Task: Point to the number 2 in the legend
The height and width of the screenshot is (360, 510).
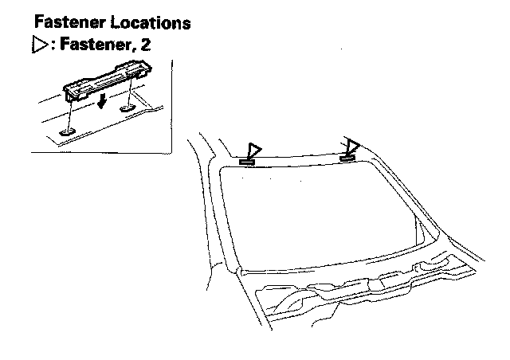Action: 145,45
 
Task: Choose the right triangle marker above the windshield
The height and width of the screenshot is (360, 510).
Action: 351,146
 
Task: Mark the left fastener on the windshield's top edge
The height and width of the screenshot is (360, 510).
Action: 247,162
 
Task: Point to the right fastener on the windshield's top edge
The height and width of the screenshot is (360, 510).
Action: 347,157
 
